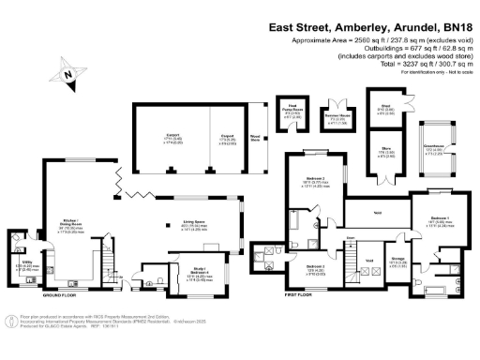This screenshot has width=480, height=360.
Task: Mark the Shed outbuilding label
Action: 385,108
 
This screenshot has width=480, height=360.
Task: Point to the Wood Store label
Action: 254,136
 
